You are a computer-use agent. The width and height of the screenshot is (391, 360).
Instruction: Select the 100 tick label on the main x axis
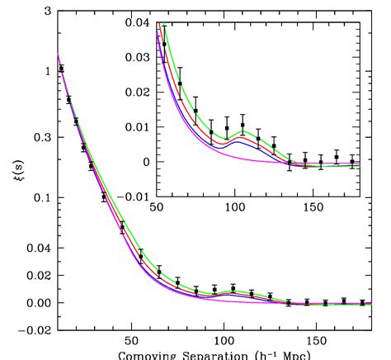(x=223, y=340)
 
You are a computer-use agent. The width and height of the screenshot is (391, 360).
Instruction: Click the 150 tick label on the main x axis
(x=315, y=340)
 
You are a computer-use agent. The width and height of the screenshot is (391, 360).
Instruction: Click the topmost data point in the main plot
(x=61, y=69)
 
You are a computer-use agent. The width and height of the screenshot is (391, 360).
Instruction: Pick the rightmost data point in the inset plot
(x=352, y=162)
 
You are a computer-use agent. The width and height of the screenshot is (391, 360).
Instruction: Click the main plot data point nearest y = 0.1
(x=104, y=197)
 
